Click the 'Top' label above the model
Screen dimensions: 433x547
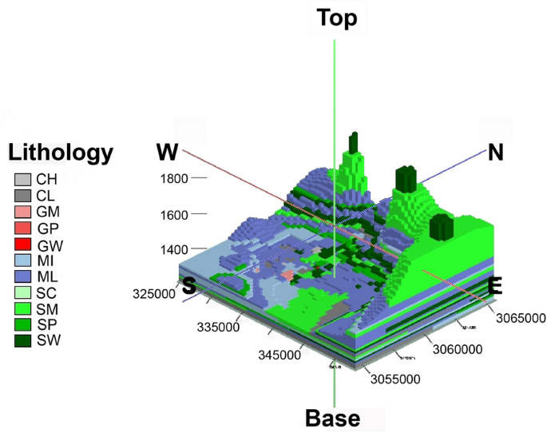coord(337,18)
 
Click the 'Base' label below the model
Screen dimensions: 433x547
coord(333,418)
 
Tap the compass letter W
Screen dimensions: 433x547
coord(167,152)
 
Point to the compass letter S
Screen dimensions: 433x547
coord(189,286)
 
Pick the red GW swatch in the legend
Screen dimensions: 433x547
coord(22,244)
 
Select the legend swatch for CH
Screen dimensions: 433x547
coord(22,180)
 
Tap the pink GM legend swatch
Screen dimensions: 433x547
coord(22,212)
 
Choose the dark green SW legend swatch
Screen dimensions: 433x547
coord(22,341)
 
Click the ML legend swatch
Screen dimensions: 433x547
coord(22,276)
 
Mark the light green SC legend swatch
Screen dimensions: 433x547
coord(22,292)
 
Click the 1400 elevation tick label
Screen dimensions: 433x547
coord(172,250)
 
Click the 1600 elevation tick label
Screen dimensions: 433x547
coord(172,214)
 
